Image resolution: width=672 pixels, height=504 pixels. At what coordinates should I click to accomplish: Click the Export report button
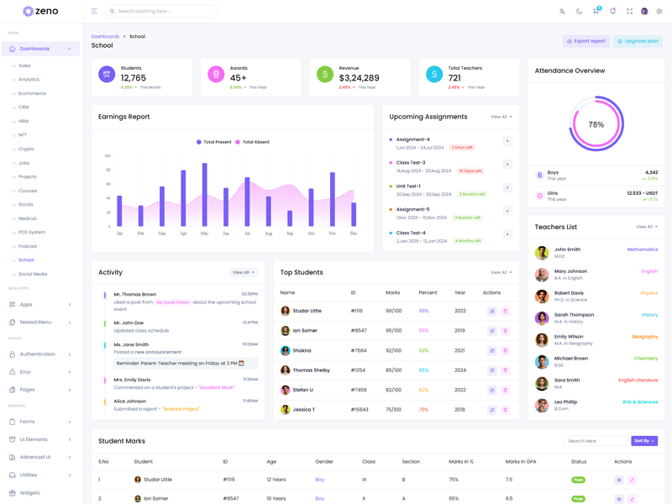585,41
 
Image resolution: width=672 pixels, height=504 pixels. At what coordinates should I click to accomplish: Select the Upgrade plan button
638,41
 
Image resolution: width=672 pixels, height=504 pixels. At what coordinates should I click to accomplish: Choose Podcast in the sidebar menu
28,246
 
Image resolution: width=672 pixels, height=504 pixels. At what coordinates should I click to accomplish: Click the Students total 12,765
134,78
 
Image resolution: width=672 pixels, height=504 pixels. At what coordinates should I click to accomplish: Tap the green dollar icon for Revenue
325,75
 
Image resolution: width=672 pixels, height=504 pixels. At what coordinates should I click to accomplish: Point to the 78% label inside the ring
596,124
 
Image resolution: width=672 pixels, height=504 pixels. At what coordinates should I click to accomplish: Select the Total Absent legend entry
253,142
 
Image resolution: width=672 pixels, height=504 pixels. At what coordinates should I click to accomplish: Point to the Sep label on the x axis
290,234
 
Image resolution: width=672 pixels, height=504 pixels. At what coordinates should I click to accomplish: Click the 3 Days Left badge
462,148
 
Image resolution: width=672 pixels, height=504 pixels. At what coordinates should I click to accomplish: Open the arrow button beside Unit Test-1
507,187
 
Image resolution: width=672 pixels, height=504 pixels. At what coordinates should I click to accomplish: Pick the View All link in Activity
244,272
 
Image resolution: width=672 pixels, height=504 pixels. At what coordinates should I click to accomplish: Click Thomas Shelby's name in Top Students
311,370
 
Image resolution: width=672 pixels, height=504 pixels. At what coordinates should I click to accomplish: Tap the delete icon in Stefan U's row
505,390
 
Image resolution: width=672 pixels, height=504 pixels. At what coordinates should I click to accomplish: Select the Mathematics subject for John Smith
642,249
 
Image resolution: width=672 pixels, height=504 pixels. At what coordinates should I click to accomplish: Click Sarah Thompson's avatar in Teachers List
542,318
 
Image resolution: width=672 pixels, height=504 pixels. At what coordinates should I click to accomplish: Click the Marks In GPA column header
520,461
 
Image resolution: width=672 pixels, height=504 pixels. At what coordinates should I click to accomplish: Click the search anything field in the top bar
165,11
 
